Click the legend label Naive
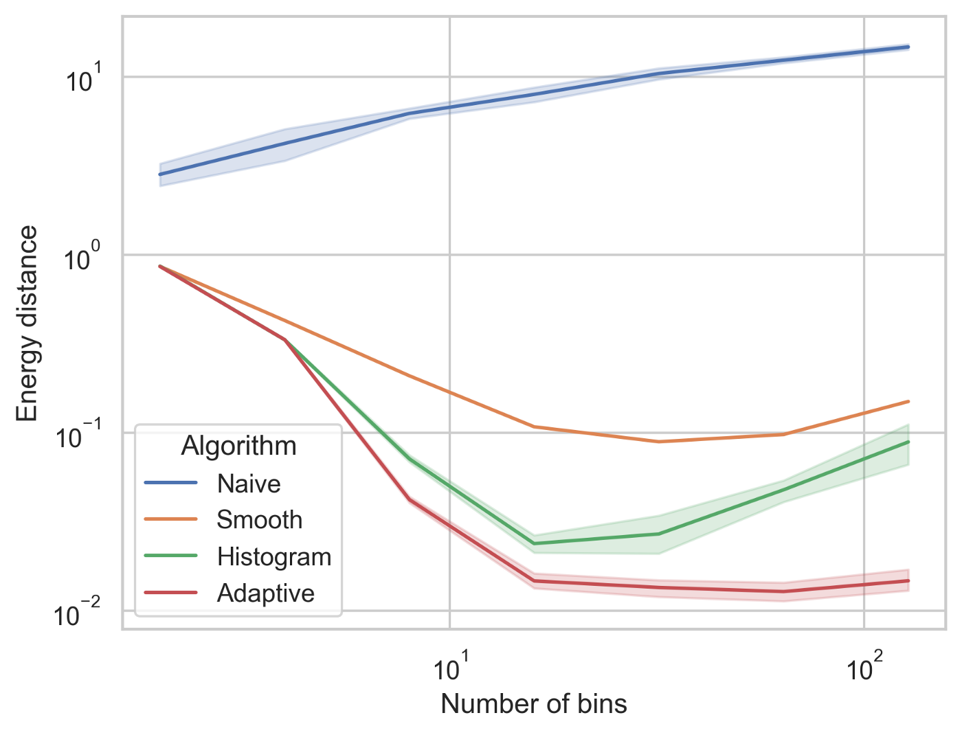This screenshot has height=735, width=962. [x=249, y=484]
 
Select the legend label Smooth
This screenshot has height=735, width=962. [x=259, y=520]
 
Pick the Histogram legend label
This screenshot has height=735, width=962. [x=274, y=556]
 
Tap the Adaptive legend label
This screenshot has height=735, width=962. [x=265, y=593]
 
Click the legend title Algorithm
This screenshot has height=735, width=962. [x=238, y=446]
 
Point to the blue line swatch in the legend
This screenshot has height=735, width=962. [x=171, y=483]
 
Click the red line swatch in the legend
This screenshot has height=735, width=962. [x=171, y=592]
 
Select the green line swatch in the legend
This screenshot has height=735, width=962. [x=171, y=556]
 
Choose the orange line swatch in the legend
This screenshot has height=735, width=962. [x=171, y=519]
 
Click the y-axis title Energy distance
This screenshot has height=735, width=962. [x=27, y=323]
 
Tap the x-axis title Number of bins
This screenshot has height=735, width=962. [x=534, y=704]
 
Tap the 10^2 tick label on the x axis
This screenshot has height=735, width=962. [x=864, y=668]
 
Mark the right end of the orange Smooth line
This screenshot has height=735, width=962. [x=908, y=401]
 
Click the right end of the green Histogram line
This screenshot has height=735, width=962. [x=908, y=442]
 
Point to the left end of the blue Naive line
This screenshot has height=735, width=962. [x=160, y=174]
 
